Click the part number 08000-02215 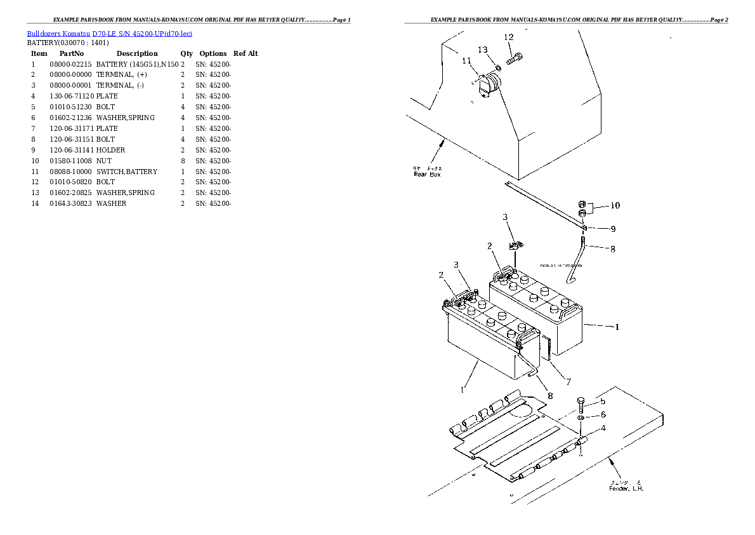click(70, 64)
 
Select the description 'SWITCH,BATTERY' click(127, 172)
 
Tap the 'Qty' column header click(187, 53)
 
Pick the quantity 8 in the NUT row click(183, 161)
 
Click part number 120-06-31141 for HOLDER click(70, 150)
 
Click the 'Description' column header click(137, 53)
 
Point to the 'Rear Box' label click(426, 173)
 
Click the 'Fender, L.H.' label click(626, 488)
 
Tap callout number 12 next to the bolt click(508, 37)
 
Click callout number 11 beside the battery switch click(467, 61)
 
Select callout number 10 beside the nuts click(615, 205)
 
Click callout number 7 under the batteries click(568, 382)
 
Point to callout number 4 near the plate click(602, 428)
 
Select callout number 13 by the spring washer click(483, 50)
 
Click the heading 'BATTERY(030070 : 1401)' click(68, 43)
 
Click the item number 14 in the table click(35, 203)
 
